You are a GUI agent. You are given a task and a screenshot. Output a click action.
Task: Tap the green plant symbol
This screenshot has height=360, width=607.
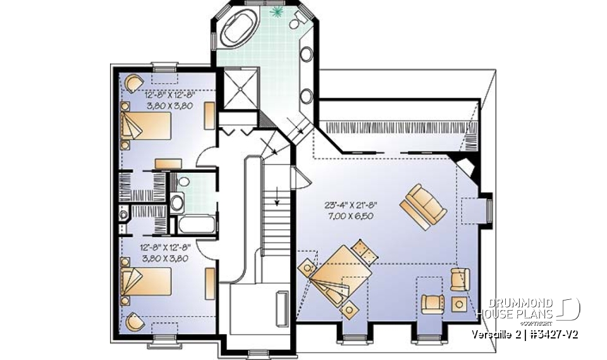pos(276,12)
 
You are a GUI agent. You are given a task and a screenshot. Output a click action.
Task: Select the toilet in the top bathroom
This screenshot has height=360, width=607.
pos(297,22)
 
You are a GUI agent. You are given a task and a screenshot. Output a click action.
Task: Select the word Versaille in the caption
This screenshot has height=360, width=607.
pos(495,333)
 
